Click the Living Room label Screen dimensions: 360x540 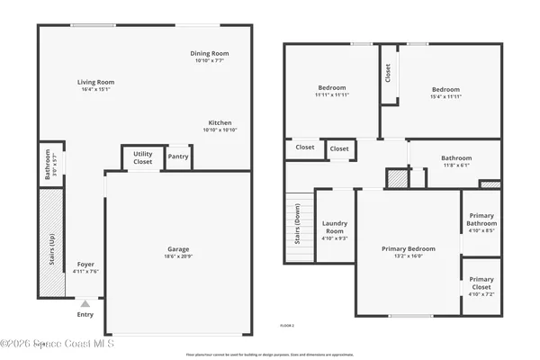[x=98, y=82]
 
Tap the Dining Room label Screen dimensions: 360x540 [x=210, y=53]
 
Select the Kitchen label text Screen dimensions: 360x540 [x=220, y=122]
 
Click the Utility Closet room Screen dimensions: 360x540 [x=143, y=157]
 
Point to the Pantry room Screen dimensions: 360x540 [x=178, y=157]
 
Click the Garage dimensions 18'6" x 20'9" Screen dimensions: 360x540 [x=177, y=256]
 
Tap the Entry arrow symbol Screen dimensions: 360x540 [x=85, y=304]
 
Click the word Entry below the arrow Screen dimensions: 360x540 [x=85, y=314]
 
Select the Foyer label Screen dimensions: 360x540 [x=85, y=264]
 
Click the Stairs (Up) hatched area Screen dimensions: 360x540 [x=52, y=243]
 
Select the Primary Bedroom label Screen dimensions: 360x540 [x=408, y=248]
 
